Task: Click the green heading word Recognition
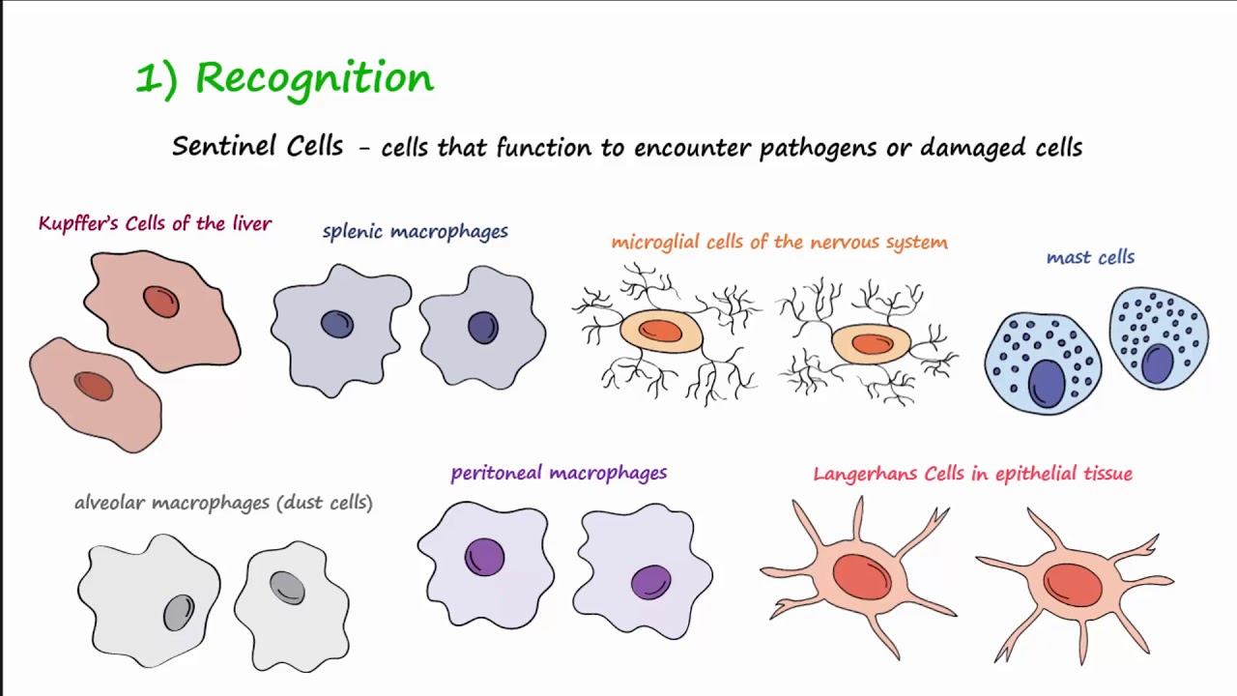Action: click(x=314, y=77)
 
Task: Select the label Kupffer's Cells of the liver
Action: click(x=155, y=224)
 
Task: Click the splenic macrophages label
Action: click(x=415, y=232)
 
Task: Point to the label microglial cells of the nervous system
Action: click(x=779, y=243)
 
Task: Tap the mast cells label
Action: click(x=1090, y=257)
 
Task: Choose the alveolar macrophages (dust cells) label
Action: click(x=223, y=503)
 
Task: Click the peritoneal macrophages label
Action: click(x=559, y=473)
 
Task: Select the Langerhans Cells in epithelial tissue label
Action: click(x=972, y=474)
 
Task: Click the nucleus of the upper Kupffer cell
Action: click(x=161, y=302)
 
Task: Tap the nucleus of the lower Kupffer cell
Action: click(x=94, y=386)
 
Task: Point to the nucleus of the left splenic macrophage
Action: click(x=336, y=324)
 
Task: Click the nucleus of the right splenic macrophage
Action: click(x=482, y=327)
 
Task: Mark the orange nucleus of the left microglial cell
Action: click(x=661, y=331)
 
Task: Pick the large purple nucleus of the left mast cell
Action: click(x=1046, y=382)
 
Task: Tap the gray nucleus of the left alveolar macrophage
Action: click(x=179, y=612)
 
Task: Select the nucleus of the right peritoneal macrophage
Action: click(x=650, y=582)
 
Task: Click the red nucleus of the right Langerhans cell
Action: click(x=1073, y=584)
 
